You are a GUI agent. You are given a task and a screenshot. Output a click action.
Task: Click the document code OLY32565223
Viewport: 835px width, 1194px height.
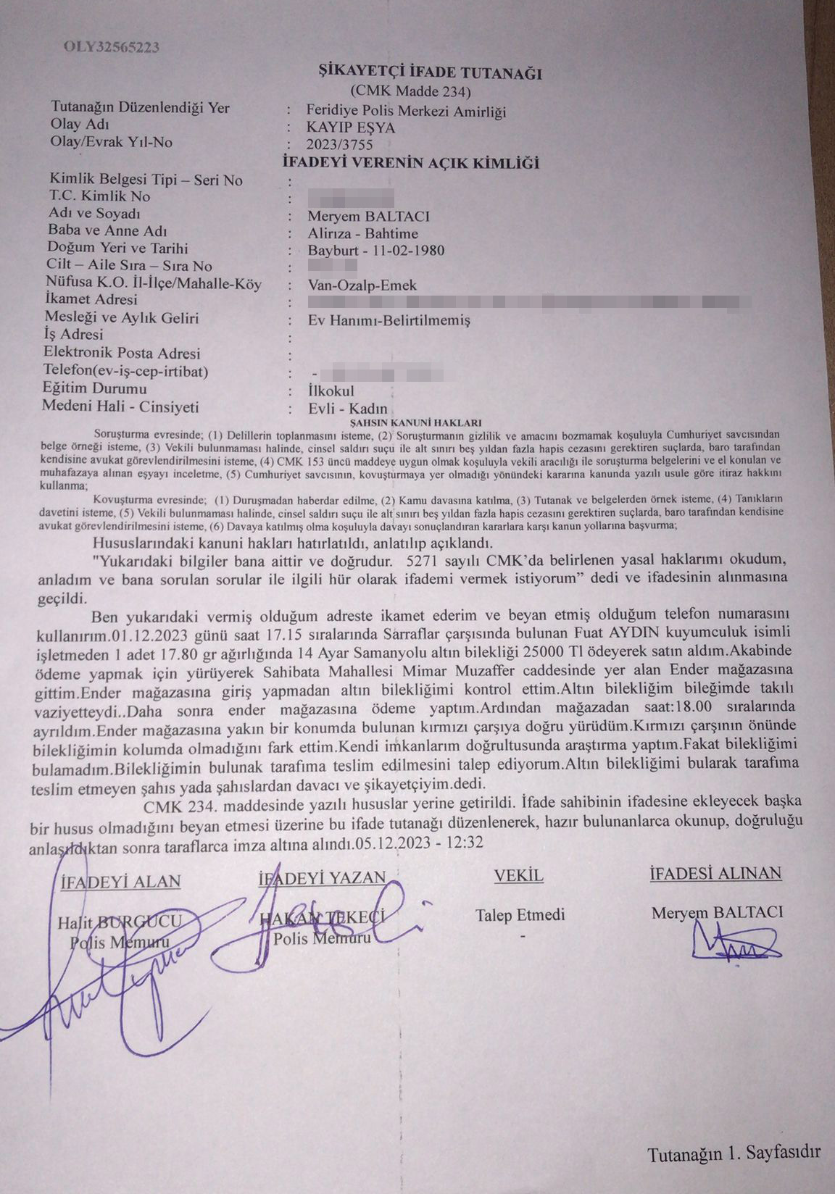tap(111, 48)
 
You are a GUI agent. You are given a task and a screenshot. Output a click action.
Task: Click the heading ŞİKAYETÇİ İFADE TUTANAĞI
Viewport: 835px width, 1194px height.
tap(410, 72)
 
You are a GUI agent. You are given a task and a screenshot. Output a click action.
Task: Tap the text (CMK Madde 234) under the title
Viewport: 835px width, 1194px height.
tap(410, 91)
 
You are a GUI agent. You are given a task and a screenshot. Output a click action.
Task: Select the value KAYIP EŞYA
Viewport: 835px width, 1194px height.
tap(351, 128)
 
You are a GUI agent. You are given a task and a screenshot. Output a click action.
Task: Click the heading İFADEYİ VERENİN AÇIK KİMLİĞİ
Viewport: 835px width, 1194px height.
tap(410, 163)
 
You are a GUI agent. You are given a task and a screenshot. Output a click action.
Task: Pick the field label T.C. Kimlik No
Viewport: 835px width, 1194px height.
tap(100, 196)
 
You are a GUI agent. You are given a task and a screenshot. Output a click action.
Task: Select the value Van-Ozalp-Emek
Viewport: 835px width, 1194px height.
tap(362, 285)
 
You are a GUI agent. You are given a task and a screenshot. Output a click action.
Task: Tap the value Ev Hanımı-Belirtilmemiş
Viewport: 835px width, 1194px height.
tap(389, 320)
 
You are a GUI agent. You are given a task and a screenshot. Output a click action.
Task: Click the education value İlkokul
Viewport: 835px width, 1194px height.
tap(331, 391)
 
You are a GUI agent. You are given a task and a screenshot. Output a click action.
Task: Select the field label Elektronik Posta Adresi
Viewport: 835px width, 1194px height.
tap(122, 354)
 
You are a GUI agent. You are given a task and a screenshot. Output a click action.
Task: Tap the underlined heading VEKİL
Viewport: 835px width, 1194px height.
tap(518, 876)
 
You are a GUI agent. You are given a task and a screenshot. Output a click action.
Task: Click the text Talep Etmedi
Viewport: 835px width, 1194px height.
tap(520, 915)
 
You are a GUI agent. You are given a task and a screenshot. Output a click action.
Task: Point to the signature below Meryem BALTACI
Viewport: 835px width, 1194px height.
tap(734, 945)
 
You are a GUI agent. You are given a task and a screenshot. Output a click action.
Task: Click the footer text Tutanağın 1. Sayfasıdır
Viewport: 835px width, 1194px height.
tap(734, 1153)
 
